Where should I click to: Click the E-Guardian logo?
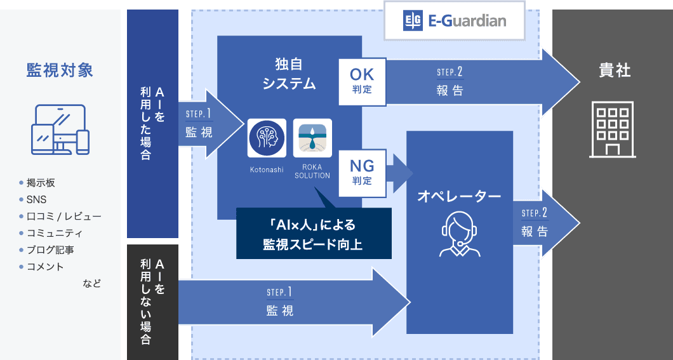455,21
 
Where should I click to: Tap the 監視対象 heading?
60,70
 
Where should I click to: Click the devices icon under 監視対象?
60,130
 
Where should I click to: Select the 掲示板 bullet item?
40,183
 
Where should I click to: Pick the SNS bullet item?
36,199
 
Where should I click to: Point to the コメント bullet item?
44,267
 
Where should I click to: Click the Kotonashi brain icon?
266,138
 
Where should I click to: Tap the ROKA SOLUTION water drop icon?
312,138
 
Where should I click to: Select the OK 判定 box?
362,82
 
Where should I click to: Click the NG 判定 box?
362,172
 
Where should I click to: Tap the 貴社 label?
614,70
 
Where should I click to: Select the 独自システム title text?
289,73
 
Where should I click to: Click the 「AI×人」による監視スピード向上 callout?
314,234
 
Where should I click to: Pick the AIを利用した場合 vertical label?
152,124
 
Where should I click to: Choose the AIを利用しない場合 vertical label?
152,302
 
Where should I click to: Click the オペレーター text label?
459,197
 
